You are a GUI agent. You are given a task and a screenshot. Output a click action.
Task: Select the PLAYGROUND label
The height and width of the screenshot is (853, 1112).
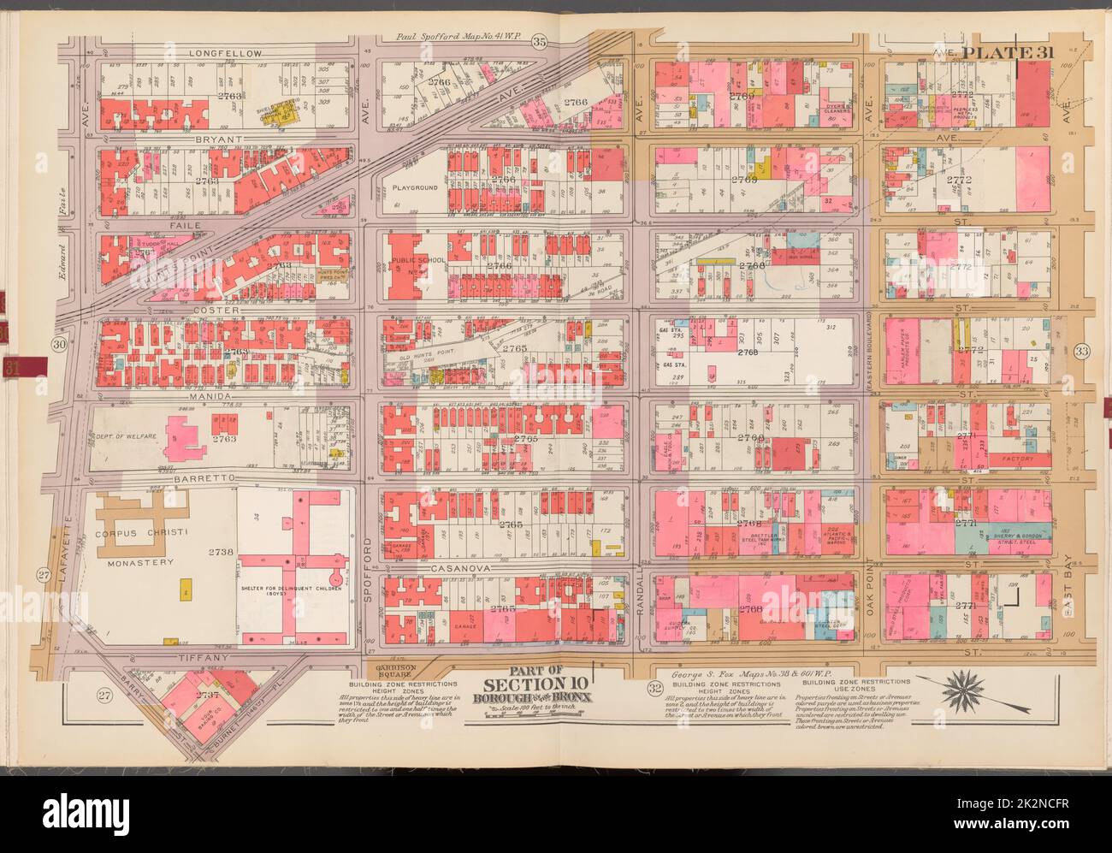(416, 187)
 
